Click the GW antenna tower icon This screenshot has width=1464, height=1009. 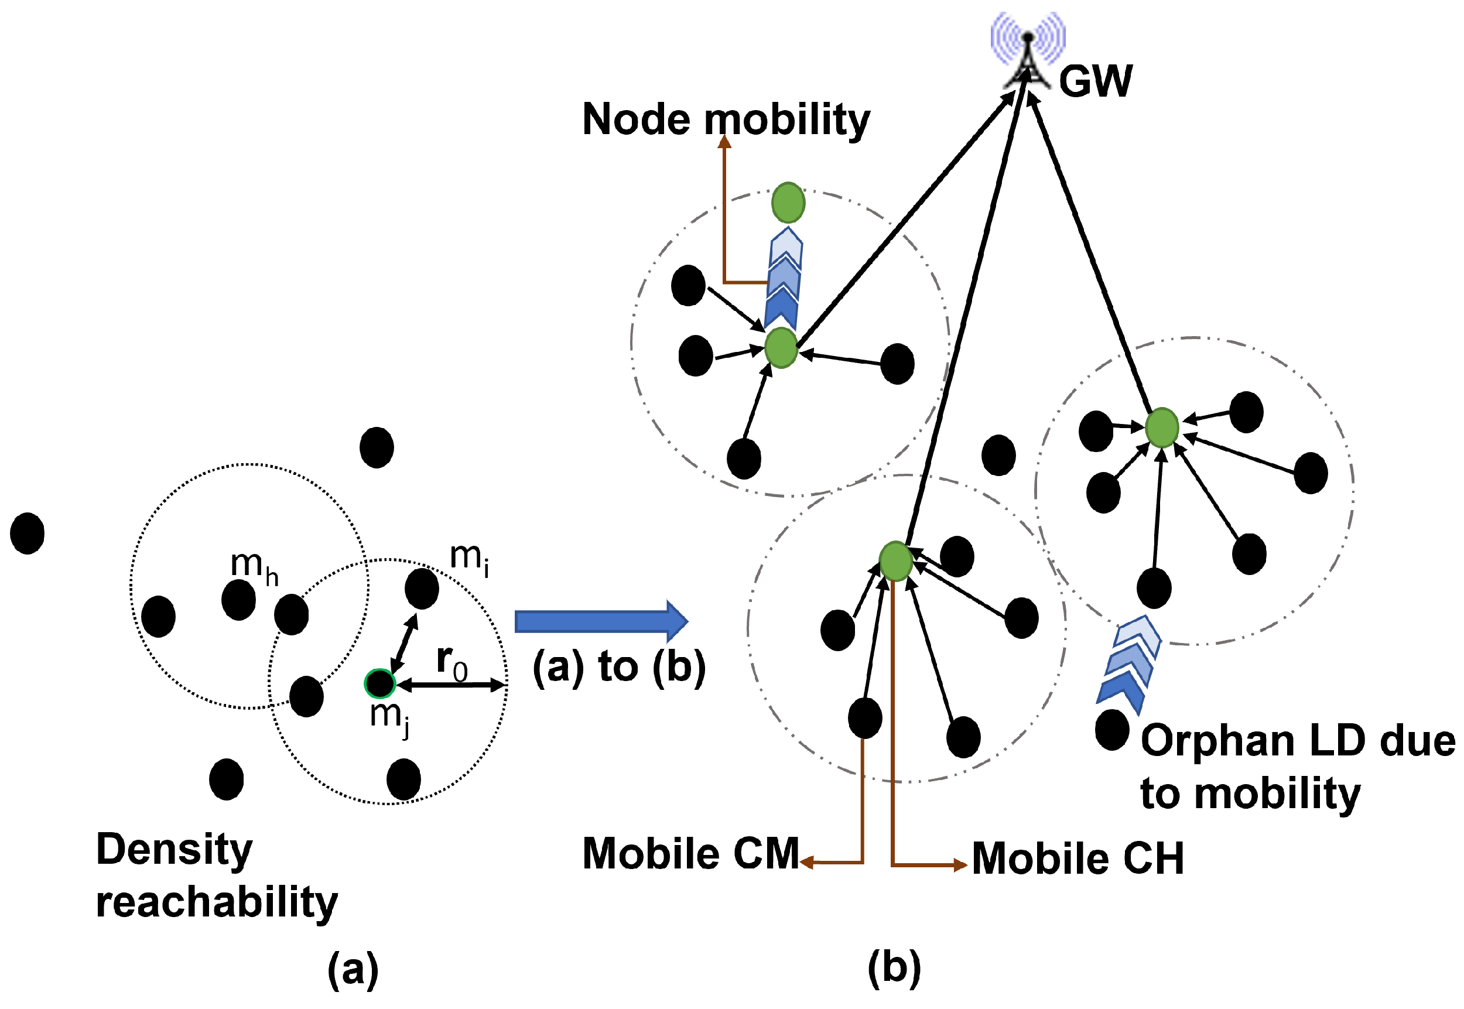click(x=1027, y=54)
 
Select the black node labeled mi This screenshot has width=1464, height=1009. click(x=422, y=589)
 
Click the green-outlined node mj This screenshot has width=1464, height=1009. click(x=380, y=683)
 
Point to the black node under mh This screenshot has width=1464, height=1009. click(x=238, y=599)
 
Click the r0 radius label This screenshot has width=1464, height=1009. click(x=451, y=662)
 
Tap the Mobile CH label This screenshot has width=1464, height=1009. click(x=1077, y=858)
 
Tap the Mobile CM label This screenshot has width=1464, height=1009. click(x=690, y=853)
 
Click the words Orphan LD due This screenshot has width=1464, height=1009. click(x=1297, y=740)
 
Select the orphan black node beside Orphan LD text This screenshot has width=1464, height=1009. click(x=1112, y=730)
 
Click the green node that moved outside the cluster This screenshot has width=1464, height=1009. click(x=788, y=202)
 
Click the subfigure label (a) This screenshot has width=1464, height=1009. click(x=353, y=968)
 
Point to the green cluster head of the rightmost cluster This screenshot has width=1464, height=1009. click(x=1162, y=428)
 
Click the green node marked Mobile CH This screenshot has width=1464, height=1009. click(x=895, y=561)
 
